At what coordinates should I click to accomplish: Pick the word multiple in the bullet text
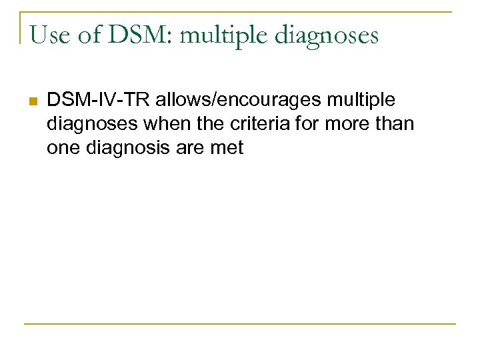(361, 101)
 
